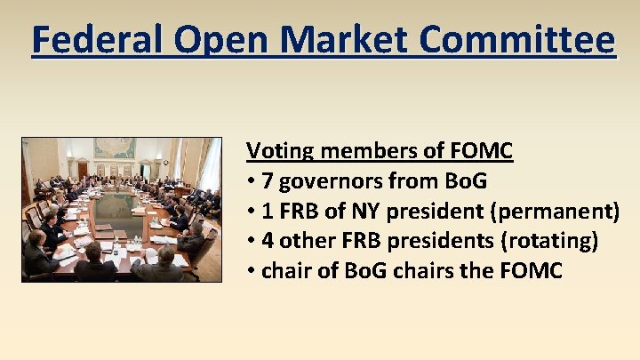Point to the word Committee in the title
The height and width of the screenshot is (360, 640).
(524, 40)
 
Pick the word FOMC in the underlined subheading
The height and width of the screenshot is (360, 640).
(481, 151)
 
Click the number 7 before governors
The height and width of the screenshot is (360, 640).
(268, 181)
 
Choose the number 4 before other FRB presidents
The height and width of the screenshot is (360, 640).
(268, 242)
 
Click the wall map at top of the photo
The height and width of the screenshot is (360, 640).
(115, 148)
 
